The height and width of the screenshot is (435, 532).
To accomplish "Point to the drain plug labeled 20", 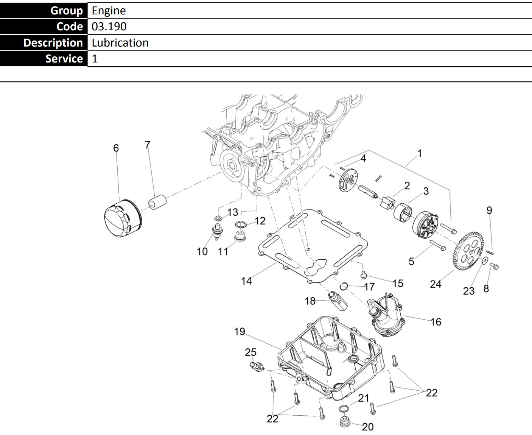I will coord(344,421).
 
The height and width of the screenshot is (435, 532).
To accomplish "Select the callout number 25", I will coord(250,352).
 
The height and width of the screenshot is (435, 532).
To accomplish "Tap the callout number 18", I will coord(310,301).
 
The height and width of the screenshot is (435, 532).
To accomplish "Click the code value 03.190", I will coord(109,27).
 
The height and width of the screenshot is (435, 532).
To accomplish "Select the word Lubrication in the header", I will coord(120,43).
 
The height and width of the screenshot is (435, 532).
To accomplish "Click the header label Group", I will coord(67,11).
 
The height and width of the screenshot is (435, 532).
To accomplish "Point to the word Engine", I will coord(109,11).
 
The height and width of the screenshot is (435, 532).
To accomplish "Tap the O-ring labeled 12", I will coord(241,225).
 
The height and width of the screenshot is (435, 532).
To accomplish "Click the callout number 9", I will coord(489,210).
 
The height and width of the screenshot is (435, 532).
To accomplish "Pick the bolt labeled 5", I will coord(437,246).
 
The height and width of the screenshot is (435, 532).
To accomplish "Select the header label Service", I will coord(64,59).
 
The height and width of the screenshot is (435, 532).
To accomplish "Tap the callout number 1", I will coord(419,153).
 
